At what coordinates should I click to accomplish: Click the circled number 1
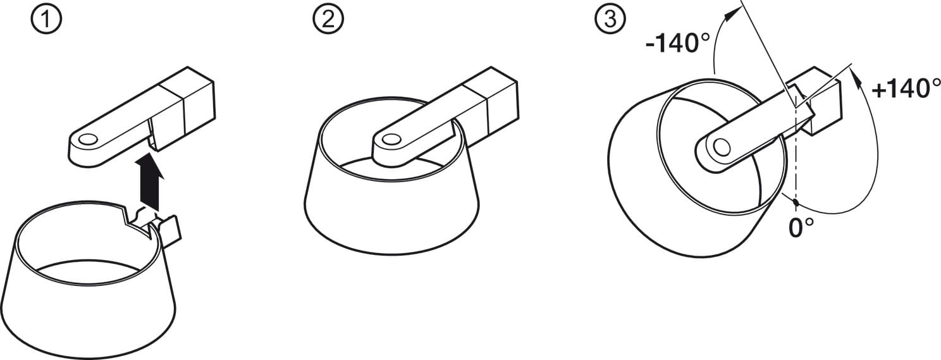[x=47, y=20]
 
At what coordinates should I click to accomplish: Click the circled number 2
[x=328, y=20]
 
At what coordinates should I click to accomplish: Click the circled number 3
[x=610, y=20]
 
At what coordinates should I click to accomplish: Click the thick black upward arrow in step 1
[x=149, y=182]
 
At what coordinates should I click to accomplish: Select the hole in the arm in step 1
[x=89, y=139]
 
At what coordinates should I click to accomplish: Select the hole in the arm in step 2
[x=391, y=139]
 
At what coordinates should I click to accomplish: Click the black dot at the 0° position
[x=795, y=203]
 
